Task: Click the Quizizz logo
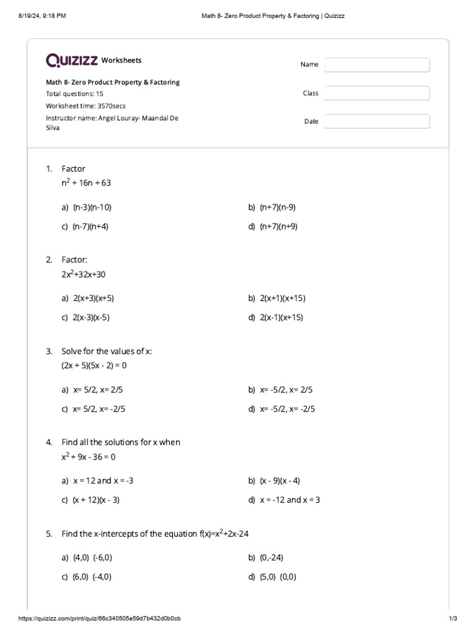pos(72,60)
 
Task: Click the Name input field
pos(377,65)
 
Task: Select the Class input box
pos(377,93)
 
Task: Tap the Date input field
pos(377,121)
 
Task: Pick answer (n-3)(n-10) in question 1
pos(92,207)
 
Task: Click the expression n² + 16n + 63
pos(86,183)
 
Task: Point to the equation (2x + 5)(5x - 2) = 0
pos(94,365)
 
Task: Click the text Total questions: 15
pos(74,93)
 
